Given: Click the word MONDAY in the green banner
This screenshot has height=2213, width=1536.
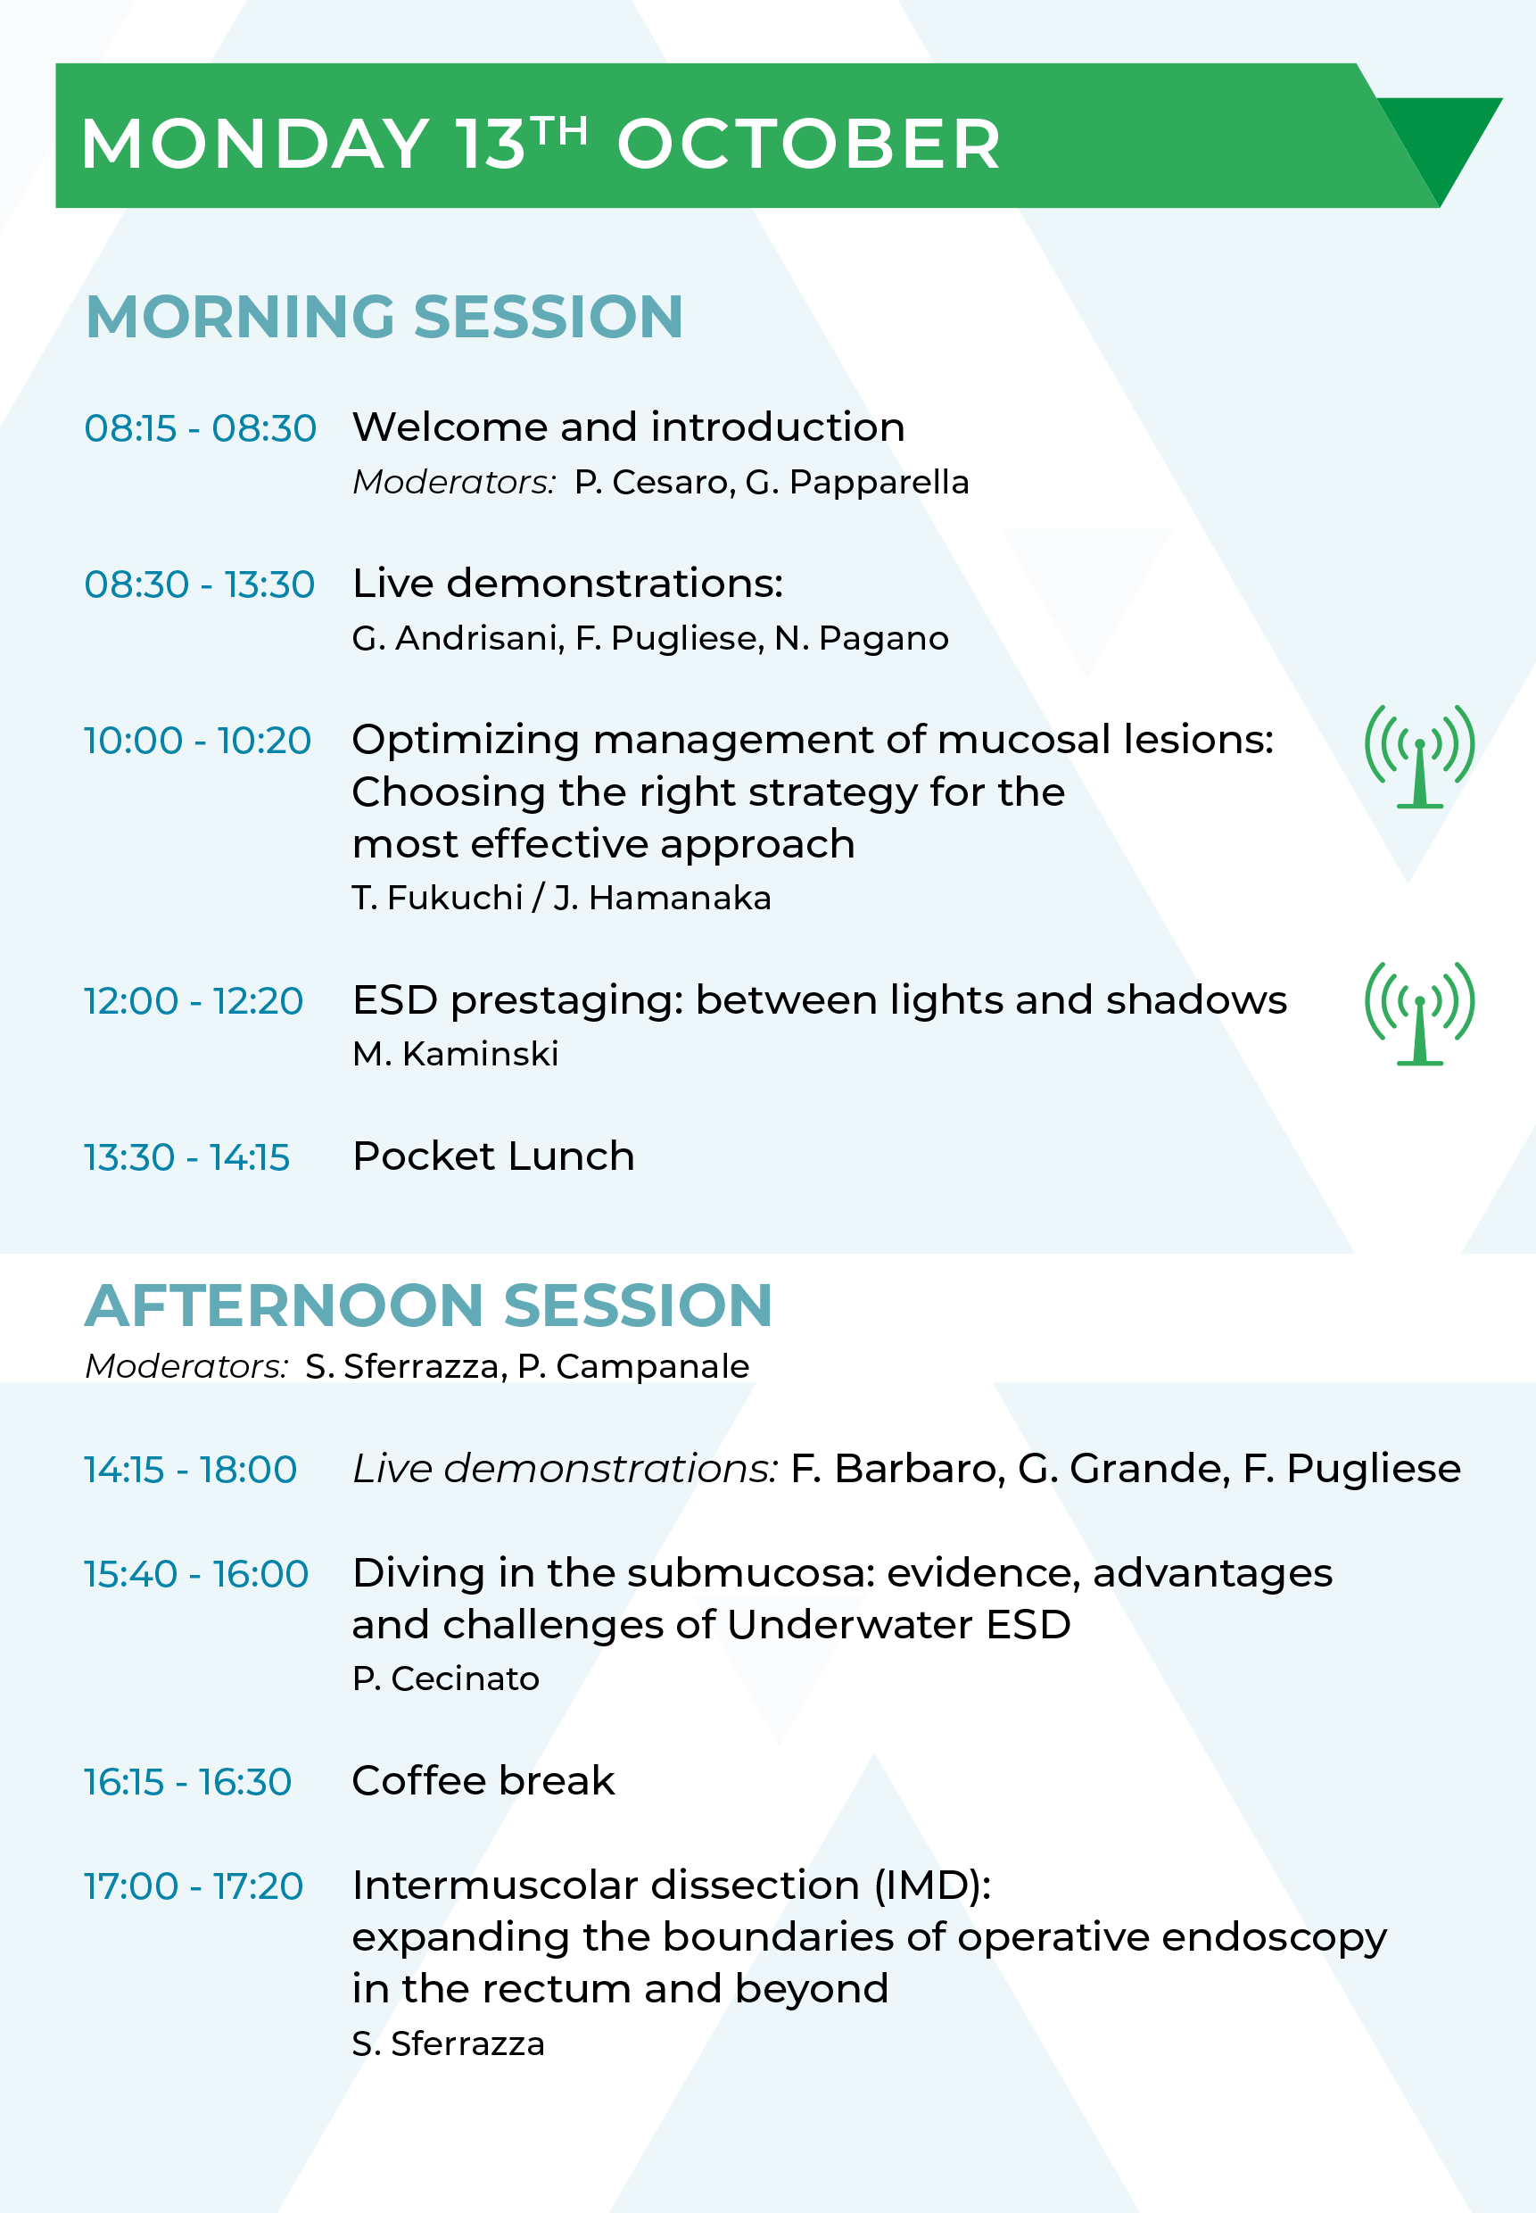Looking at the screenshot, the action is pyautogui.click(x=255, y=145).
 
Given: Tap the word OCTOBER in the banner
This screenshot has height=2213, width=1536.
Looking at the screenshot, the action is pyautogui.click(x=808, y=145).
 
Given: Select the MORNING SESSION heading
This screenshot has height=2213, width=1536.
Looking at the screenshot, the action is pyautogui.click(x=384, y=317).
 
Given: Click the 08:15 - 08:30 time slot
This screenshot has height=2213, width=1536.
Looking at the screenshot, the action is pyautogui.click(x=200, y=428).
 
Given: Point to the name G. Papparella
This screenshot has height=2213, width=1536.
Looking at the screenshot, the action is pyautogui.click(x=856, y=482).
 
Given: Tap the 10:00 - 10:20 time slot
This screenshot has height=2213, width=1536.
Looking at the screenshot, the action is pyautogui.click(x=197, y=741).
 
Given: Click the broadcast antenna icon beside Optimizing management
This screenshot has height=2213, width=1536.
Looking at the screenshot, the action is pyautogui.click(x=1419, y=757).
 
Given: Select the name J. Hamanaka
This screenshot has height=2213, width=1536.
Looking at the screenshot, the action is pyautogui.click(x=662, y=898).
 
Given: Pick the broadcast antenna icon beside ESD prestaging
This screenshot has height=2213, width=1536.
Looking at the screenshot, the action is pyautogui.click(x=1419, y=1014).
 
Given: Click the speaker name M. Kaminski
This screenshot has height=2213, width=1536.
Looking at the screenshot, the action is pyautogui.click(x=455, y=1054).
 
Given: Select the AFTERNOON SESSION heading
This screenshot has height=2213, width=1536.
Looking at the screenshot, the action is pyautogui.click(x=428, y=1305).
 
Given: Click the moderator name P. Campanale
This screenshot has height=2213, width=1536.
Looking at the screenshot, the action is pyautogui.click(x=633, y=1367).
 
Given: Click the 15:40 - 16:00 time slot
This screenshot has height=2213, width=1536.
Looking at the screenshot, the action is pyautogui.click(x=196, y=1574).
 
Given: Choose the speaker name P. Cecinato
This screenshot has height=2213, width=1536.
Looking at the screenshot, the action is pyautogui.click(x=446, y=1678).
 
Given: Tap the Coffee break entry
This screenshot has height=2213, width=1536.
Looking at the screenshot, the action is pyautogui.click(x=483, y=1781).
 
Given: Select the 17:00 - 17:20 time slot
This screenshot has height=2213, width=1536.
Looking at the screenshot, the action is pyautogui.click(x=194, y=1886).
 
